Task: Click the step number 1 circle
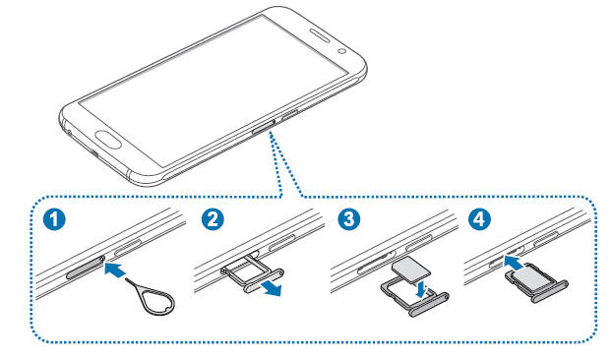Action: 54,219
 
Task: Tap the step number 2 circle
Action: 213,219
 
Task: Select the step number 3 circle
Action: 349,219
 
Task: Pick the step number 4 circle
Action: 479,219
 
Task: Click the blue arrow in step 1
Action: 115,270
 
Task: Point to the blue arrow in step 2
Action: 271,288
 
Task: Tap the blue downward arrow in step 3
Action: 421,290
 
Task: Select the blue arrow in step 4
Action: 514,262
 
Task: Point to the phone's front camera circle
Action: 342,50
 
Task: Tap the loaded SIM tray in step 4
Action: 536,282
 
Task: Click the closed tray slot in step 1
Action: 86,266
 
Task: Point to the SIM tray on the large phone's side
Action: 263,127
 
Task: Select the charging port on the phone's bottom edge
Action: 95,152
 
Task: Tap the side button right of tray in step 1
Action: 128,248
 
